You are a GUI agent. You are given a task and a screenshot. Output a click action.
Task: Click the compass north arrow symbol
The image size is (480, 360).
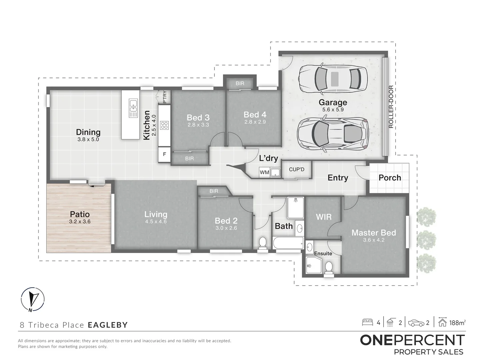[x=32, y=299]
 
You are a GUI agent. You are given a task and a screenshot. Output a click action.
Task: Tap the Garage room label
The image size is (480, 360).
[x=332, y=102]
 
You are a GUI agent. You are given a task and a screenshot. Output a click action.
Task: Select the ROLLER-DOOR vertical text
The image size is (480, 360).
[x=391, y=107]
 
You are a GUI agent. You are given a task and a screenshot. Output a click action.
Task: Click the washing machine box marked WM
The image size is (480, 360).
[x=264, y=172]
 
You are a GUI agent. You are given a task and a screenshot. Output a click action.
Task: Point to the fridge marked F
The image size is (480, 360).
[x=164, y=154]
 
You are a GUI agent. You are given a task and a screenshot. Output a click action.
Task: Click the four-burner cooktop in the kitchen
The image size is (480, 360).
[x=164, y=125]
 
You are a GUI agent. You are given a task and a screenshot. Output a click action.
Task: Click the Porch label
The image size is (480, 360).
[x=389, y=177]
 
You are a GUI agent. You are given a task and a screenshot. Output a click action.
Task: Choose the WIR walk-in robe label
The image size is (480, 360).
[x=323, y=217]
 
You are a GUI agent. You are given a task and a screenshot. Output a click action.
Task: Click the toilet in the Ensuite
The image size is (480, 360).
[x=329, y=267]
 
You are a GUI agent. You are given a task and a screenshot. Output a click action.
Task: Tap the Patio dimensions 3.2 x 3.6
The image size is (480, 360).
[x=80, y=221]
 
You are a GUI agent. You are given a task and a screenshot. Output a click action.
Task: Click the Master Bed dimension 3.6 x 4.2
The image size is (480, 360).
[x=374, y=240]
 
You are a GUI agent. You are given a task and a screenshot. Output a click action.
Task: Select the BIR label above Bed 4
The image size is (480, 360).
[x=240, y=83]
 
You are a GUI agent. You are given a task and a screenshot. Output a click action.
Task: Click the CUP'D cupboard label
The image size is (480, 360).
[x=296, y=169]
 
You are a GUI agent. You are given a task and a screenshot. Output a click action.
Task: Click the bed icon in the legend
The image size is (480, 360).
[x=368, y=322]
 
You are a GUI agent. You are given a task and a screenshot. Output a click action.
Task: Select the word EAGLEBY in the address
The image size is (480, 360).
[x=108, y=325]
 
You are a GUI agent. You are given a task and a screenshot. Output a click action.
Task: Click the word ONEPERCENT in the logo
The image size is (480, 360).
[x=412, y=340]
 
